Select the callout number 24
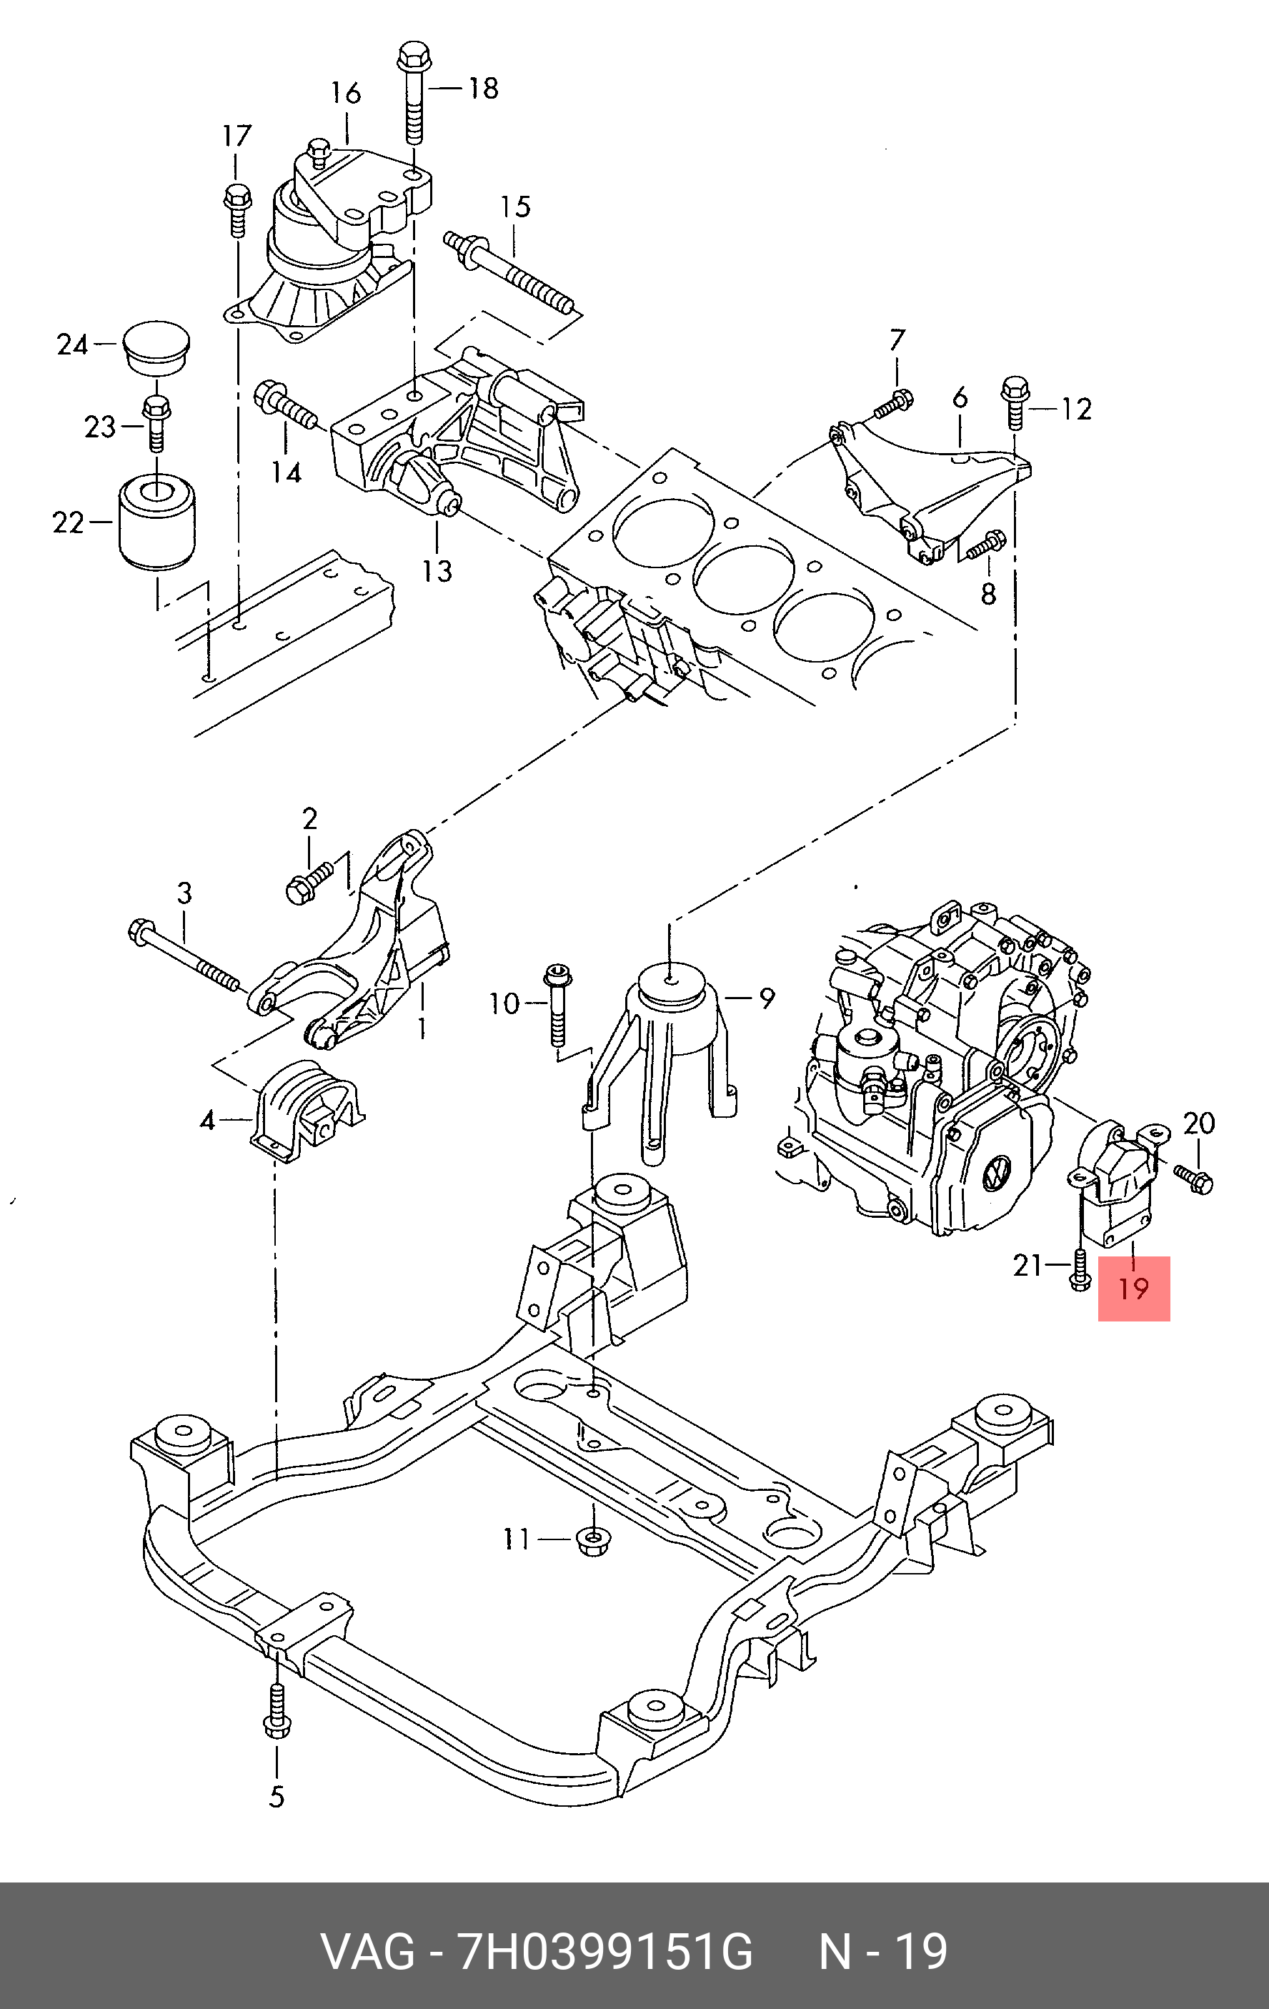[x=71, y=344]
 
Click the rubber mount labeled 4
[x=305, y=1111]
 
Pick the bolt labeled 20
[x=1193, y=1178]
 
